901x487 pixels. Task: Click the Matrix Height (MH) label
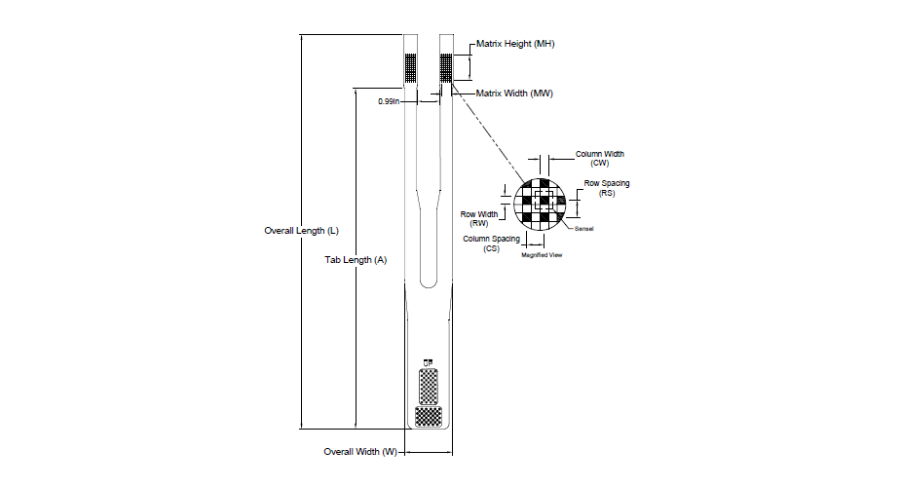pos(514,45)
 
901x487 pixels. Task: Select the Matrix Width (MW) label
pos(513,94)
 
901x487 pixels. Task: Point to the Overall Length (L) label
pos(302,231)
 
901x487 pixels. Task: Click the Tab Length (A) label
pos(356,260)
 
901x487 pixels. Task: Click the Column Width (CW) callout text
pos(600,158)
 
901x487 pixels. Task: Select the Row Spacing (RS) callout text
pos(606,188)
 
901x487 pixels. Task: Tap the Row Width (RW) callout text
pos(479,218)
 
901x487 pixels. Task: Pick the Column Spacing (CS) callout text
pos(491,243)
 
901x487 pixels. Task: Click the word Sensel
pos(584,229)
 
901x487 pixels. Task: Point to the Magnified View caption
pos(542,255)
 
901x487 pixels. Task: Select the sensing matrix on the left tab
pos(411,67)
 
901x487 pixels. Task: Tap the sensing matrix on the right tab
pos(446,67)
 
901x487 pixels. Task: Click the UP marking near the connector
pos(427,362)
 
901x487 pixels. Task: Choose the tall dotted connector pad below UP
pos(428,386)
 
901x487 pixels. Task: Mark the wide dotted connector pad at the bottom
pos(428,416)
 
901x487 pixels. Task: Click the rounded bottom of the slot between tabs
pos(429,281)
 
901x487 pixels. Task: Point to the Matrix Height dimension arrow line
pos(470,67)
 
